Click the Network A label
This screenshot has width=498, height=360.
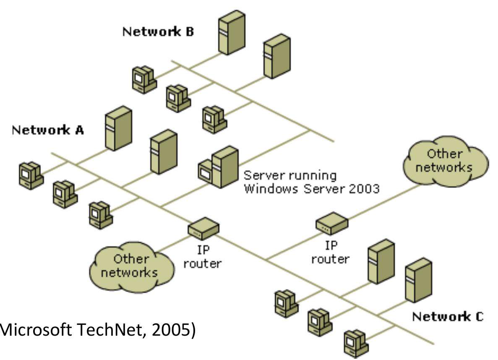tap(47, 130)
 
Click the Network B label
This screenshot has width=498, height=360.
tap(158, 32)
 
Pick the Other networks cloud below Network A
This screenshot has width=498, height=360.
tap(131, 265)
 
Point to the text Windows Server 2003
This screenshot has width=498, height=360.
tap(312, 188)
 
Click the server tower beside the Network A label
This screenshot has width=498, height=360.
tap(118, 128)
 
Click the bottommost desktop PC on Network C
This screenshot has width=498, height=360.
tap(355, 342)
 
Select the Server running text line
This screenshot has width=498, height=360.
tap(290, 175)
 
